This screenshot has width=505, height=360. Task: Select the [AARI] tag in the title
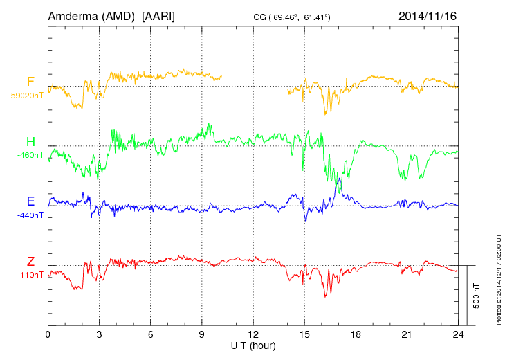pyautogui.click(x=158, y=15)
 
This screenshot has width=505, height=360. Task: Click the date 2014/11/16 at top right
pyautogui.click(x=428, y=15)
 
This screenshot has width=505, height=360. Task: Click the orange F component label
pyautogui.click(x=30, y=82)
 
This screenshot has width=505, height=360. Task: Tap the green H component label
pyautogui.click(x=30, y=142)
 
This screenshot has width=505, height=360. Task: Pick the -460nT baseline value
pyautogui.click(x=30, y=155)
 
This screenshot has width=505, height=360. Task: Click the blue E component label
pyautogui.click(x=30, y=201)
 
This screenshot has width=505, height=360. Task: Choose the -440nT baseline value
pyautogui.click(x=30, y=215)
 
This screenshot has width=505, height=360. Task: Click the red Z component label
pyautogui.click(x=30, y=262)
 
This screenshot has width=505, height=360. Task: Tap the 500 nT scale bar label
pyautogui.click(x=477, y=296)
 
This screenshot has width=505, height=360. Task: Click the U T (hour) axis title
pyautogui.click(x=253, y=345)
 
